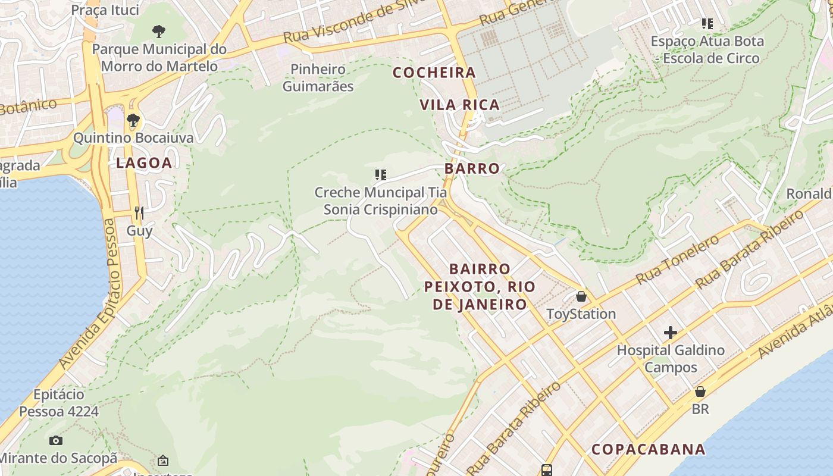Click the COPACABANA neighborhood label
point(649,449)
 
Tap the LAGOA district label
point(144,163)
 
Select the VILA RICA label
point(459,105)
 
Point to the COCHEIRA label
point(434,73)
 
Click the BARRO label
point(472,168)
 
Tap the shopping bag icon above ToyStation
point(581,296)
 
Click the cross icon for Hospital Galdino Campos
point(671,333)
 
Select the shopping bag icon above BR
point(700,392)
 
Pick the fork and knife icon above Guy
point(139,212)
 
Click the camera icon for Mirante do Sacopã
point(56,441)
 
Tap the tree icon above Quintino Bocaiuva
point(133,120)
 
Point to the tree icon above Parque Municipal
point(158,31)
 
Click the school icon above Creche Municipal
point(381,175)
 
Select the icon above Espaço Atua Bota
point(707,24)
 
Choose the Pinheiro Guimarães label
point(318,78)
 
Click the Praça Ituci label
point(105,10)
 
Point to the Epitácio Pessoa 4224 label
point(59,403)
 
